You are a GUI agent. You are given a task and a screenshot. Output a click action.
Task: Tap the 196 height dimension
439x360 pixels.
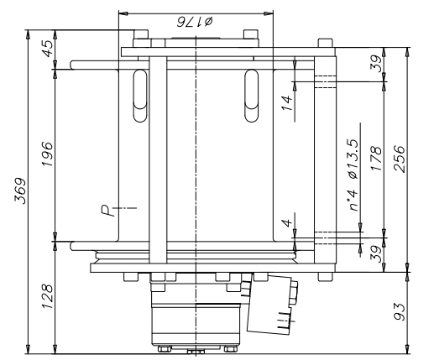(45, 152)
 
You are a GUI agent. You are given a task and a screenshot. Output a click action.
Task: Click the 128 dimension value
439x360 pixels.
(45, 295)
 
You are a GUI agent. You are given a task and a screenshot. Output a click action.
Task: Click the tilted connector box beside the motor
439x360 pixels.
(274, 306)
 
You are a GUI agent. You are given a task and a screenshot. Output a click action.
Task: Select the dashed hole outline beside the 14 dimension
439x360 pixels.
(325, 81)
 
